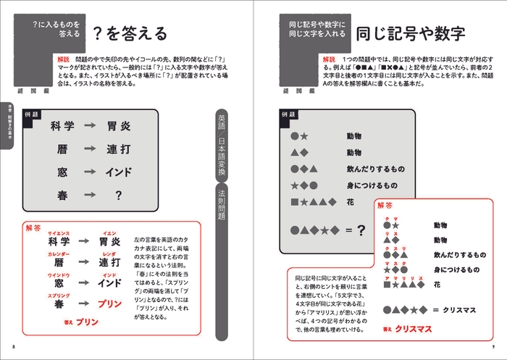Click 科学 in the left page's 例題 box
(x=62, y=126)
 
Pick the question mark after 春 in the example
(x=118, y=195)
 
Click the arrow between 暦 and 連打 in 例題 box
(x=90, y=149)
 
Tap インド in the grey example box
(x=118, y=172)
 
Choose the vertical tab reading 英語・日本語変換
(x=223, y=145)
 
